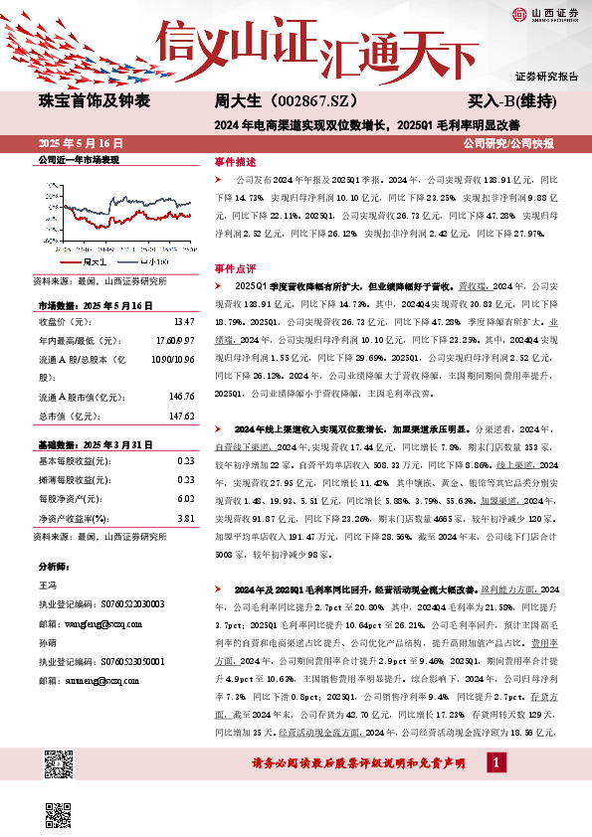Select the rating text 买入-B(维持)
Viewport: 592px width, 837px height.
coord(510,101)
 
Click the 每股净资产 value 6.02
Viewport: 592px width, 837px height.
coord(184,499)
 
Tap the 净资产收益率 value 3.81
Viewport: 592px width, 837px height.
coord(184,518)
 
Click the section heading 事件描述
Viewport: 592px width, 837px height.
coord(235,160)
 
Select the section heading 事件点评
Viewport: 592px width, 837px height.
coord(235,268)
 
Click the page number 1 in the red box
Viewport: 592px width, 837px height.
coord(493,789)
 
